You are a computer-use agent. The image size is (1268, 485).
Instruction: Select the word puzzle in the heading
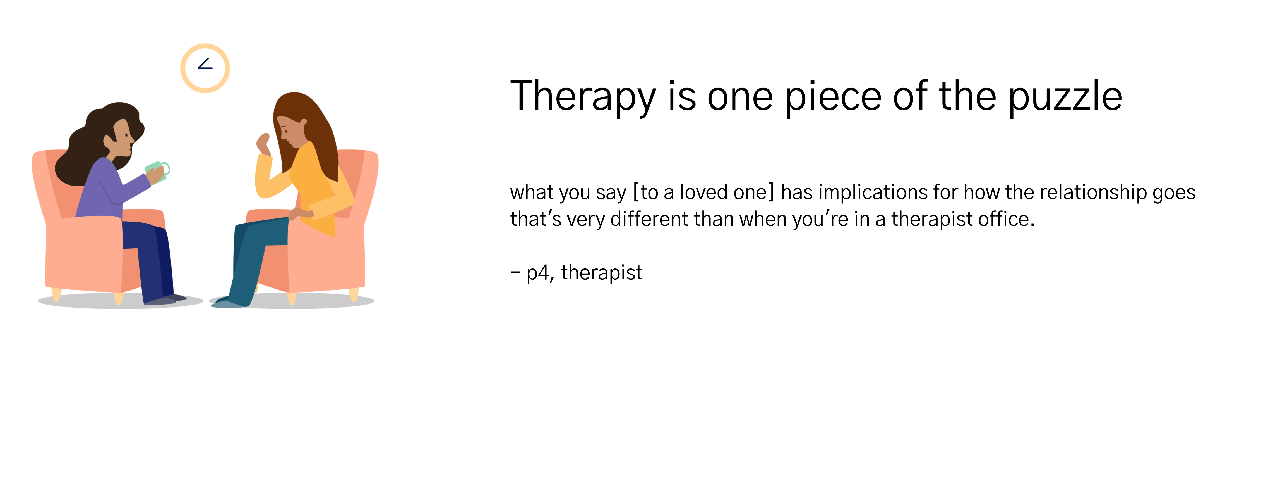tap(1065, 97)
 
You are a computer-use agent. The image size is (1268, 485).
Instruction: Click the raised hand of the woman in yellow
tap(263, 143)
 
